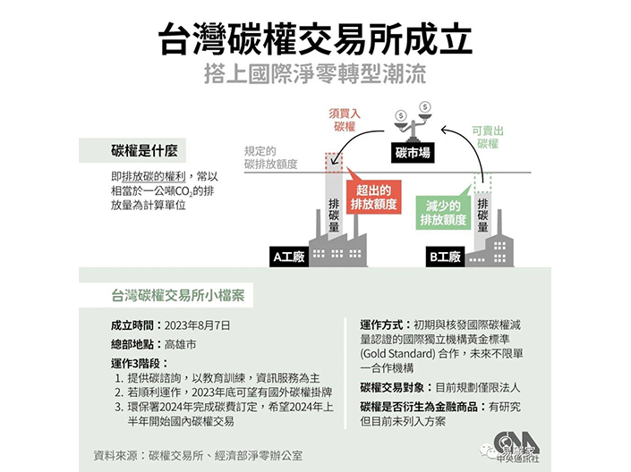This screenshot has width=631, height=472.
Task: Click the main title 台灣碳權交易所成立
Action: [315, 38]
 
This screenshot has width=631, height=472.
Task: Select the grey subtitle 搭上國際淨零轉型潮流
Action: [315, 72]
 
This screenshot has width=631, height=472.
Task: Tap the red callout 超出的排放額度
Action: [376, 198]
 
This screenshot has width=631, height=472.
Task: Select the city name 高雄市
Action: [181, 343]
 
